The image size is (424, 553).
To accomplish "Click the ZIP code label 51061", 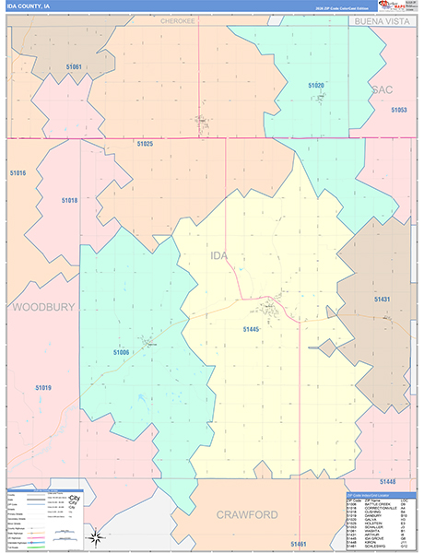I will click(74, 67).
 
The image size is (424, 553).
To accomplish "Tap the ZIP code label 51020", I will click(316, 85).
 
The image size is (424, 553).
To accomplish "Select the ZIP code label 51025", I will click(145, 144).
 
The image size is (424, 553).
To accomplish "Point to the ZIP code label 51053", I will click(398, 110).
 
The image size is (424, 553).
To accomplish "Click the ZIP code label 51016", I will click(18, 173).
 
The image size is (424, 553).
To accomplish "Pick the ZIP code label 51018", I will click(70, 200).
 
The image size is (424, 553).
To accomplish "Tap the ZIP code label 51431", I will click(383, 300).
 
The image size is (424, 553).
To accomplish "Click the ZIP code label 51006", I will click(122, 352).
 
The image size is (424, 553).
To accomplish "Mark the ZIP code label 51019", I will click(42, 388).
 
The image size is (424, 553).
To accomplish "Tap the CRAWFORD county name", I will click(247, 513).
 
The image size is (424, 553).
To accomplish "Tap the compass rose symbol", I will click(94, 536).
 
